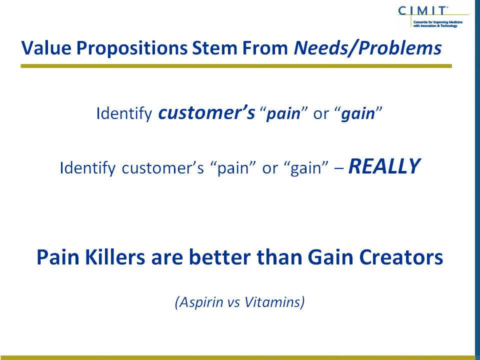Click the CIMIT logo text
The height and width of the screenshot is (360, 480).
[422, 11]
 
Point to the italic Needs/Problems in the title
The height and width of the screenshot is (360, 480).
[367, 48]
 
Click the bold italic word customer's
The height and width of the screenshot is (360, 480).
[206, 112]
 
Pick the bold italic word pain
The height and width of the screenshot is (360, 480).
[283, 114]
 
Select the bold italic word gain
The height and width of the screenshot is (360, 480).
[358, 114]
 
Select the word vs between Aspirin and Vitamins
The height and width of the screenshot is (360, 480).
[234, 303]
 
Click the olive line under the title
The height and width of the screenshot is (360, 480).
[236, 66]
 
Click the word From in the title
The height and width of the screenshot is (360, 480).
[265, 48]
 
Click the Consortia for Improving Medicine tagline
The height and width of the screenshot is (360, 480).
[438, 24]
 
